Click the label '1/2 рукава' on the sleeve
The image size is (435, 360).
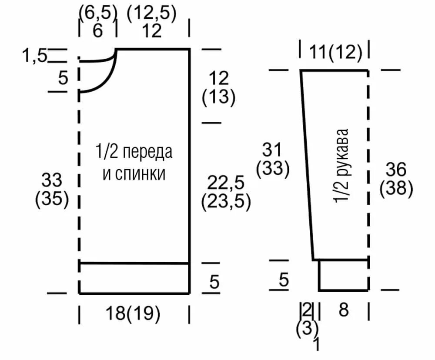coord(343,165)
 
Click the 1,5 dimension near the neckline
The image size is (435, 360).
coord(34,56)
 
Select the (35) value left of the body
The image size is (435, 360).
coord(52,200)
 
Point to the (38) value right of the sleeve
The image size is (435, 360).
coord(396,188)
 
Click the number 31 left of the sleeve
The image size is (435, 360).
coord(273,150)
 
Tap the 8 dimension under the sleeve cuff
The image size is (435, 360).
coord(344,310)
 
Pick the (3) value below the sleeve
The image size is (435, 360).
coord(307,328)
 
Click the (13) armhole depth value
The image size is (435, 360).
coord(219,97)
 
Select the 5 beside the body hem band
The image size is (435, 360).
coord(214,282)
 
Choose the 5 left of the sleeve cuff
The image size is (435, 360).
coord(284,280)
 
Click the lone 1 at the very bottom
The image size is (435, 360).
coord(317,344)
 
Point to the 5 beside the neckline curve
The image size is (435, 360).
coord(63,79)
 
